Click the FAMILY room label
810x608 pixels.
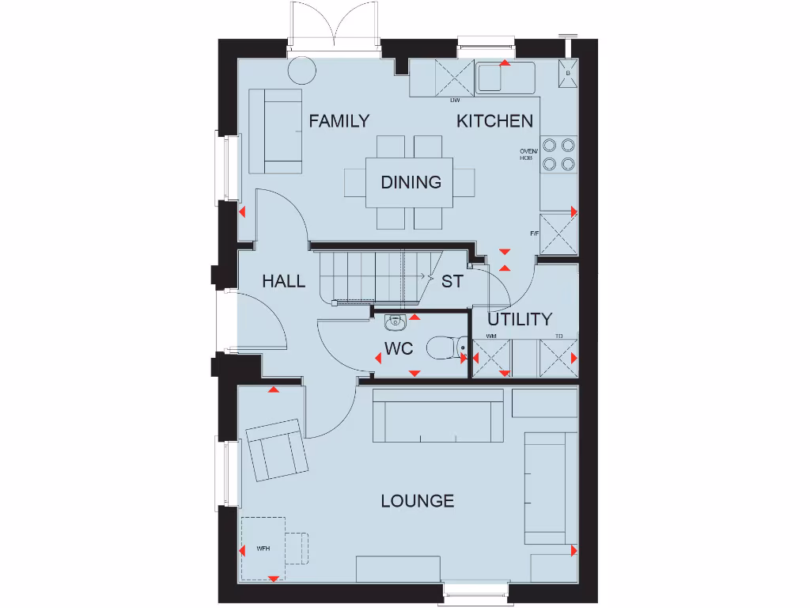[339, 121]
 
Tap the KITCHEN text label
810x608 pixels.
[494, 121]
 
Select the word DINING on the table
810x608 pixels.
[411, 182]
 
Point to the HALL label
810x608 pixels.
[283, 281]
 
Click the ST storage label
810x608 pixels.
[452, 281]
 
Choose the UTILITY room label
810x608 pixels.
[519, 319]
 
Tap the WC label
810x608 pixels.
[399, 349]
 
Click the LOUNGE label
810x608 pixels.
[417, 500]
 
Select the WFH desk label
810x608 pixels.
[263, 548]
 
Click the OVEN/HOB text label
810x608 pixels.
[528, 154]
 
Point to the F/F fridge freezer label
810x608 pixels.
[535, 234]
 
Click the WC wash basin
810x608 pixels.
[394, 321]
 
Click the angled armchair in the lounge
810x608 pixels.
[276, 450]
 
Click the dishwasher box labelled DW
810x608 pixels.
[455, 79]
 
